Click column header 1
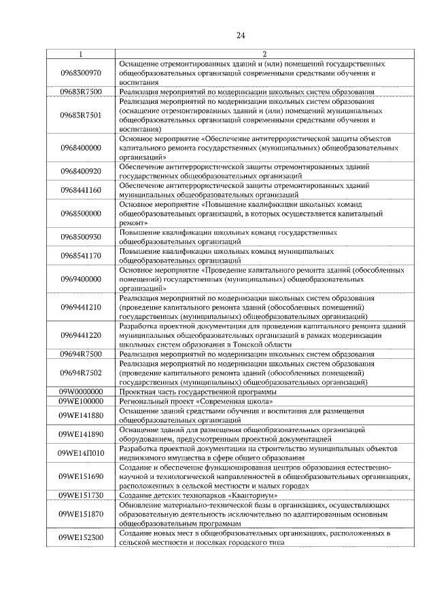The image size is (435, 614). (80, 54)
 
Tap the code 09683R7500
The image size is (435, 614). (80, 92)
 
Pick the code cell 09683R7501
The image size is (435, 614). (80, 115)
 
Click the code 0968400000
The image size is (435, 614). (80, 147)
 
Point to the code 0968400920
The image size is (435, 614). (80, 171)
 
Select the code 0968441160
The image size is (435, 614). (80, 190)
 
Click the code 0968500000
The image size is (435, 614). (80, 213)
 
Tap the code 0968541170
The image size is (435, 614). (80, 255)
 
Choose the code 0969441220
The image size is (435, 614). (80, 335)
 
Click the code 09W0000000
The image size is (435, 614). (80, 391)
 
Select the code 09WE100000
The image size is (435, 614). (80, 401)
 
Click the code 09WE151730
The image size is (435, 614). (80, 495)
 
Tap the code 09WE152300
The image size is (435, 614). (80, 538)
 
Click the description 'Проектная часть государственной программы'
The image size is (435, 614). (198, 391)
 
